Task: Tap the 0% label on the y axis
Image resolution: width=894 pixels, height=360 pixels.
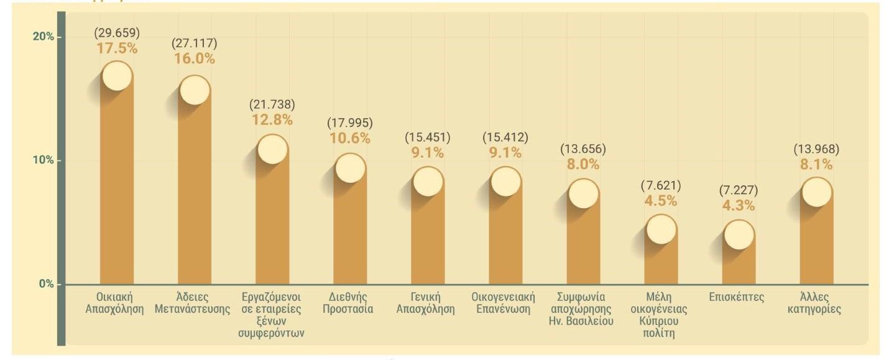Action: [x=45, y=284]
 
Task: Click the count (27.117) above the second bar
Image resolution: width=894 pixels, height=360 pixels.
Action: [x=195, y=44]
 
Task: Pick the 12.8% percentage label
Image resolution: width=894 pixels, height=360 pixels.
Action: [x=272, y=120]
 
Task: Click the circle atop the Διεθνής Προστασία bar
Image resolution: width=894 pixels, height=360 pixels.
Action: [x=350, y=168]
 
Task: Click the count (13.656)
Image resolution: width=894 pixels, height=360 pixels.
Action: [x=583, y=149]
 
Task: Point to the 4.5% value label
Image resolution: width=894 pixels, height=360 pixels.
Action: [x=661, y=201]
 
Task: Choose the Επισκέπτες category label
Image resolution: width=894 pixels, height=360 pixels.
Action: [x=736, y=297]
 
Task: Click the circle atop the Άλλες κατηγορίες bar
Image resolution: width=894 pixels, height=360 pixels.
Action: [x=816, y=192]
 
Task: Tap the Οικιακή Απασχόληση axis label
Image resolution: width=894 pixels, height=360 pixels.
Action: [x=115, y=303]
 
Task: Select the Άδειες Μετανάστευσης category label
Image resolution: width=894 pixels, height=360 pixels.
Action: [x=195, y=303]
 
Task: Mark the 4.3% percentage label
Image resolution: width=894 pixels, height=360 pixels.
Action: [x=739, y=205]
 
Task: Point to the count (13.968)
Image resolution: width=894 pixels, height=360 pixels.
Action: [x=816, y=149]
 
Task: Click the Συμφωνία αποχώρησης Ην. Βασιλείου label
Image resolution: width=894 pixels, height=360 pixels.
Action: [x=583, y=309]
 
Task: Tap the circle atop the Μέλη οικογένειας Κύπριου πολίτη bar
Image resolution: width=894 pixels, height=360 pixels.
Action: [x=661, y=229]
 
